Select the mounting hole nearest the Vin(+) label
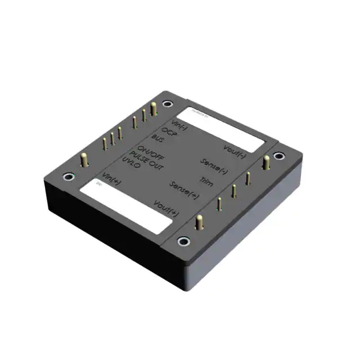(x=68, y=177)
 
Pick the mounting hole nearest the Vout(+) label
(x=182, y=241)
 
